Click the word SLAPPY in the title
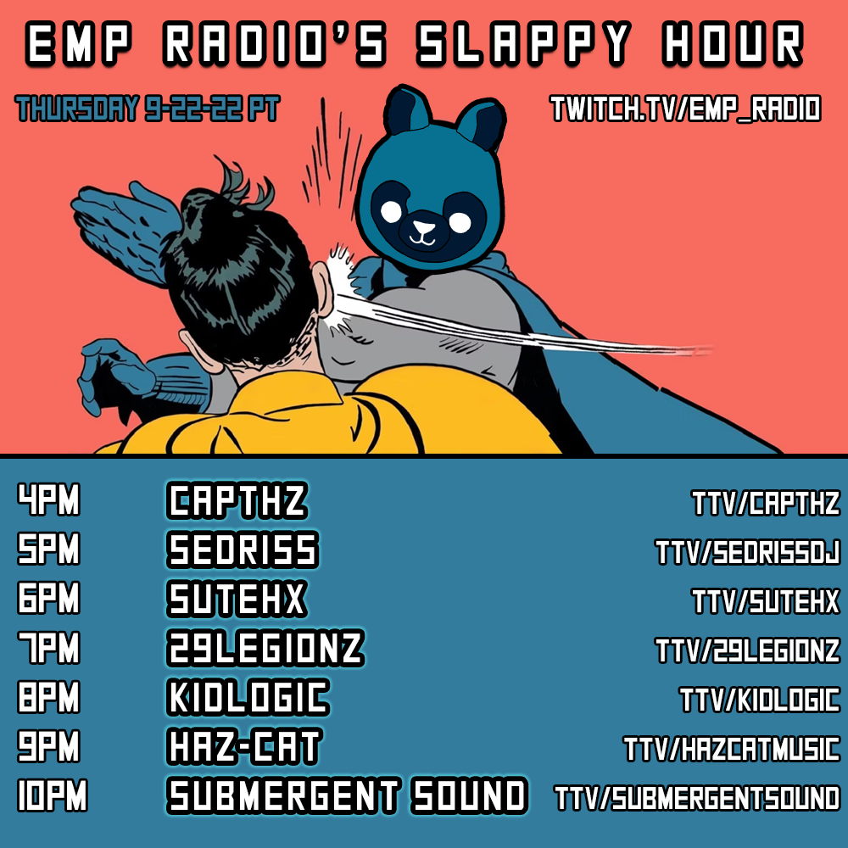(x=523, y=43)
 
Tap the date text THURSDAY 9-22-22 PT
(x=147, y=109)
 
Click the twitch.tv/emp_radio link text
(x=685, y=109)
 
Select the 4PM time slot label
(x=48, y=499)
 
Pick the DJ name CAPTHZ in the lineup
(x=237, y=500)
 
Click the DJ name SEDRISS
(x=243, y=550)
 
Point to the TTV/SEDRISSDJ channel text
(x=747, y=552)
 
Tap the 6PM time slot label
(x=48, y=598)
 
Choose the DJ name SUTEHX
(x=237, y=599)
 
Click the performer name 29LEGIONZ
(x=265, y=648)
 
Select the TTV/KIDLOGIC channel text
(x=760, y=700)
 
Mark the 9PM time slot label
(x=48, y=745)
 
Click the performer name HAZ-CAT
(x=244, y=746)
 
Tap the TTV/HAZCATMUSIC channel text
(x=732, y=749)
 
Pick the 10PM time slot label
(x=53, y=795)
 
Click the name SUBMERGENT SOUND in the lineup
(x=347, y=795)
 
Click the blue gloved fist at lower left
(x=116, y=376)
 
